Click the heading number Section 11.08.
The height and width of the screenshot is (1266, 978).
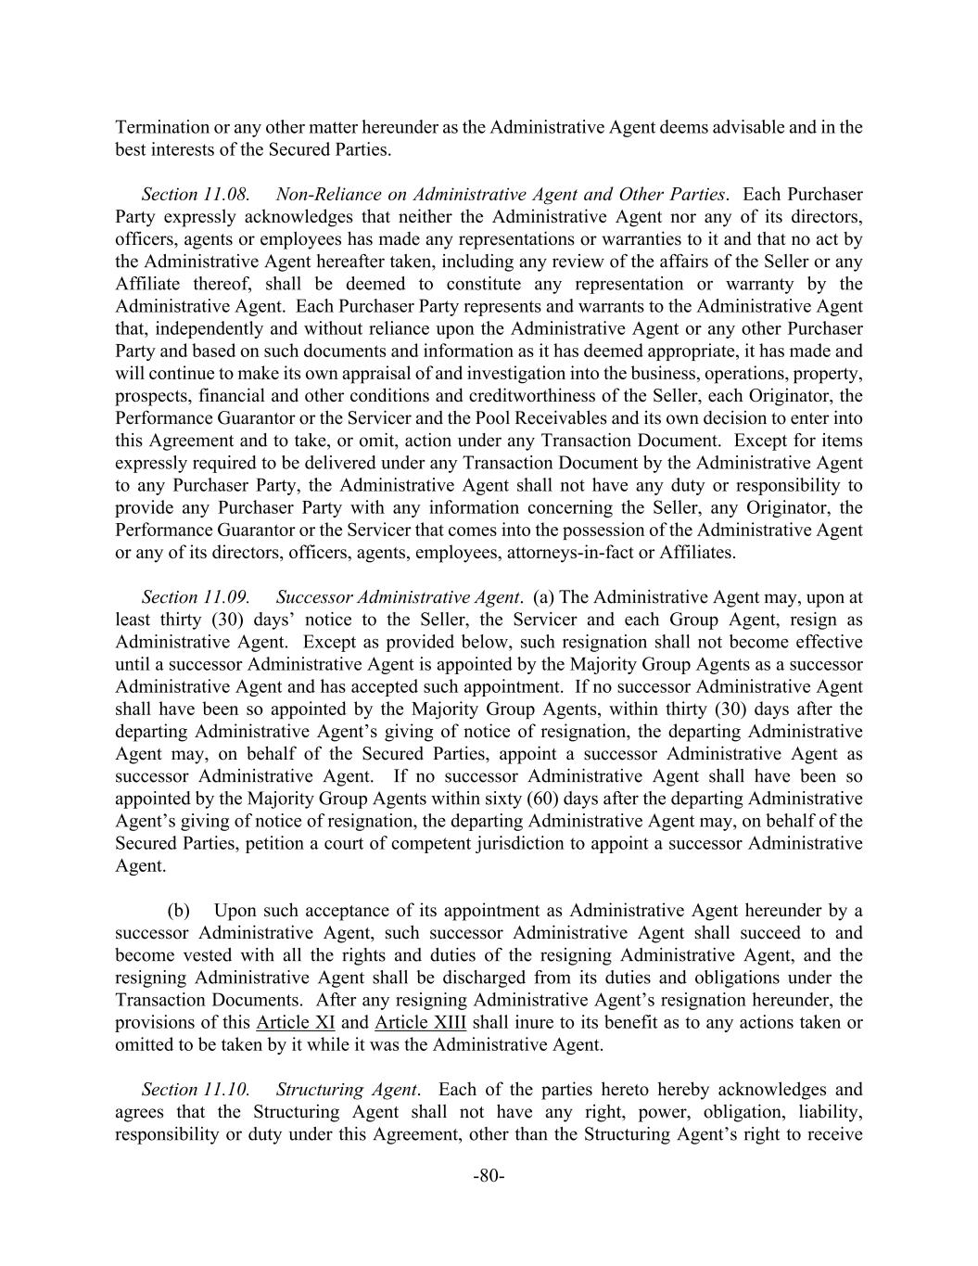196,195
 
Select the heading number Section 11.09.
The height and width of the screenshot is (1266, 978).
196,597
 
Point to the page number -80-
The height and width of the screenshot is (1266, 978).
489,1177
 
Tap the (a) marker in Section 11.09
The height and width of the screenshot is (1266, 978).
543,597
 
